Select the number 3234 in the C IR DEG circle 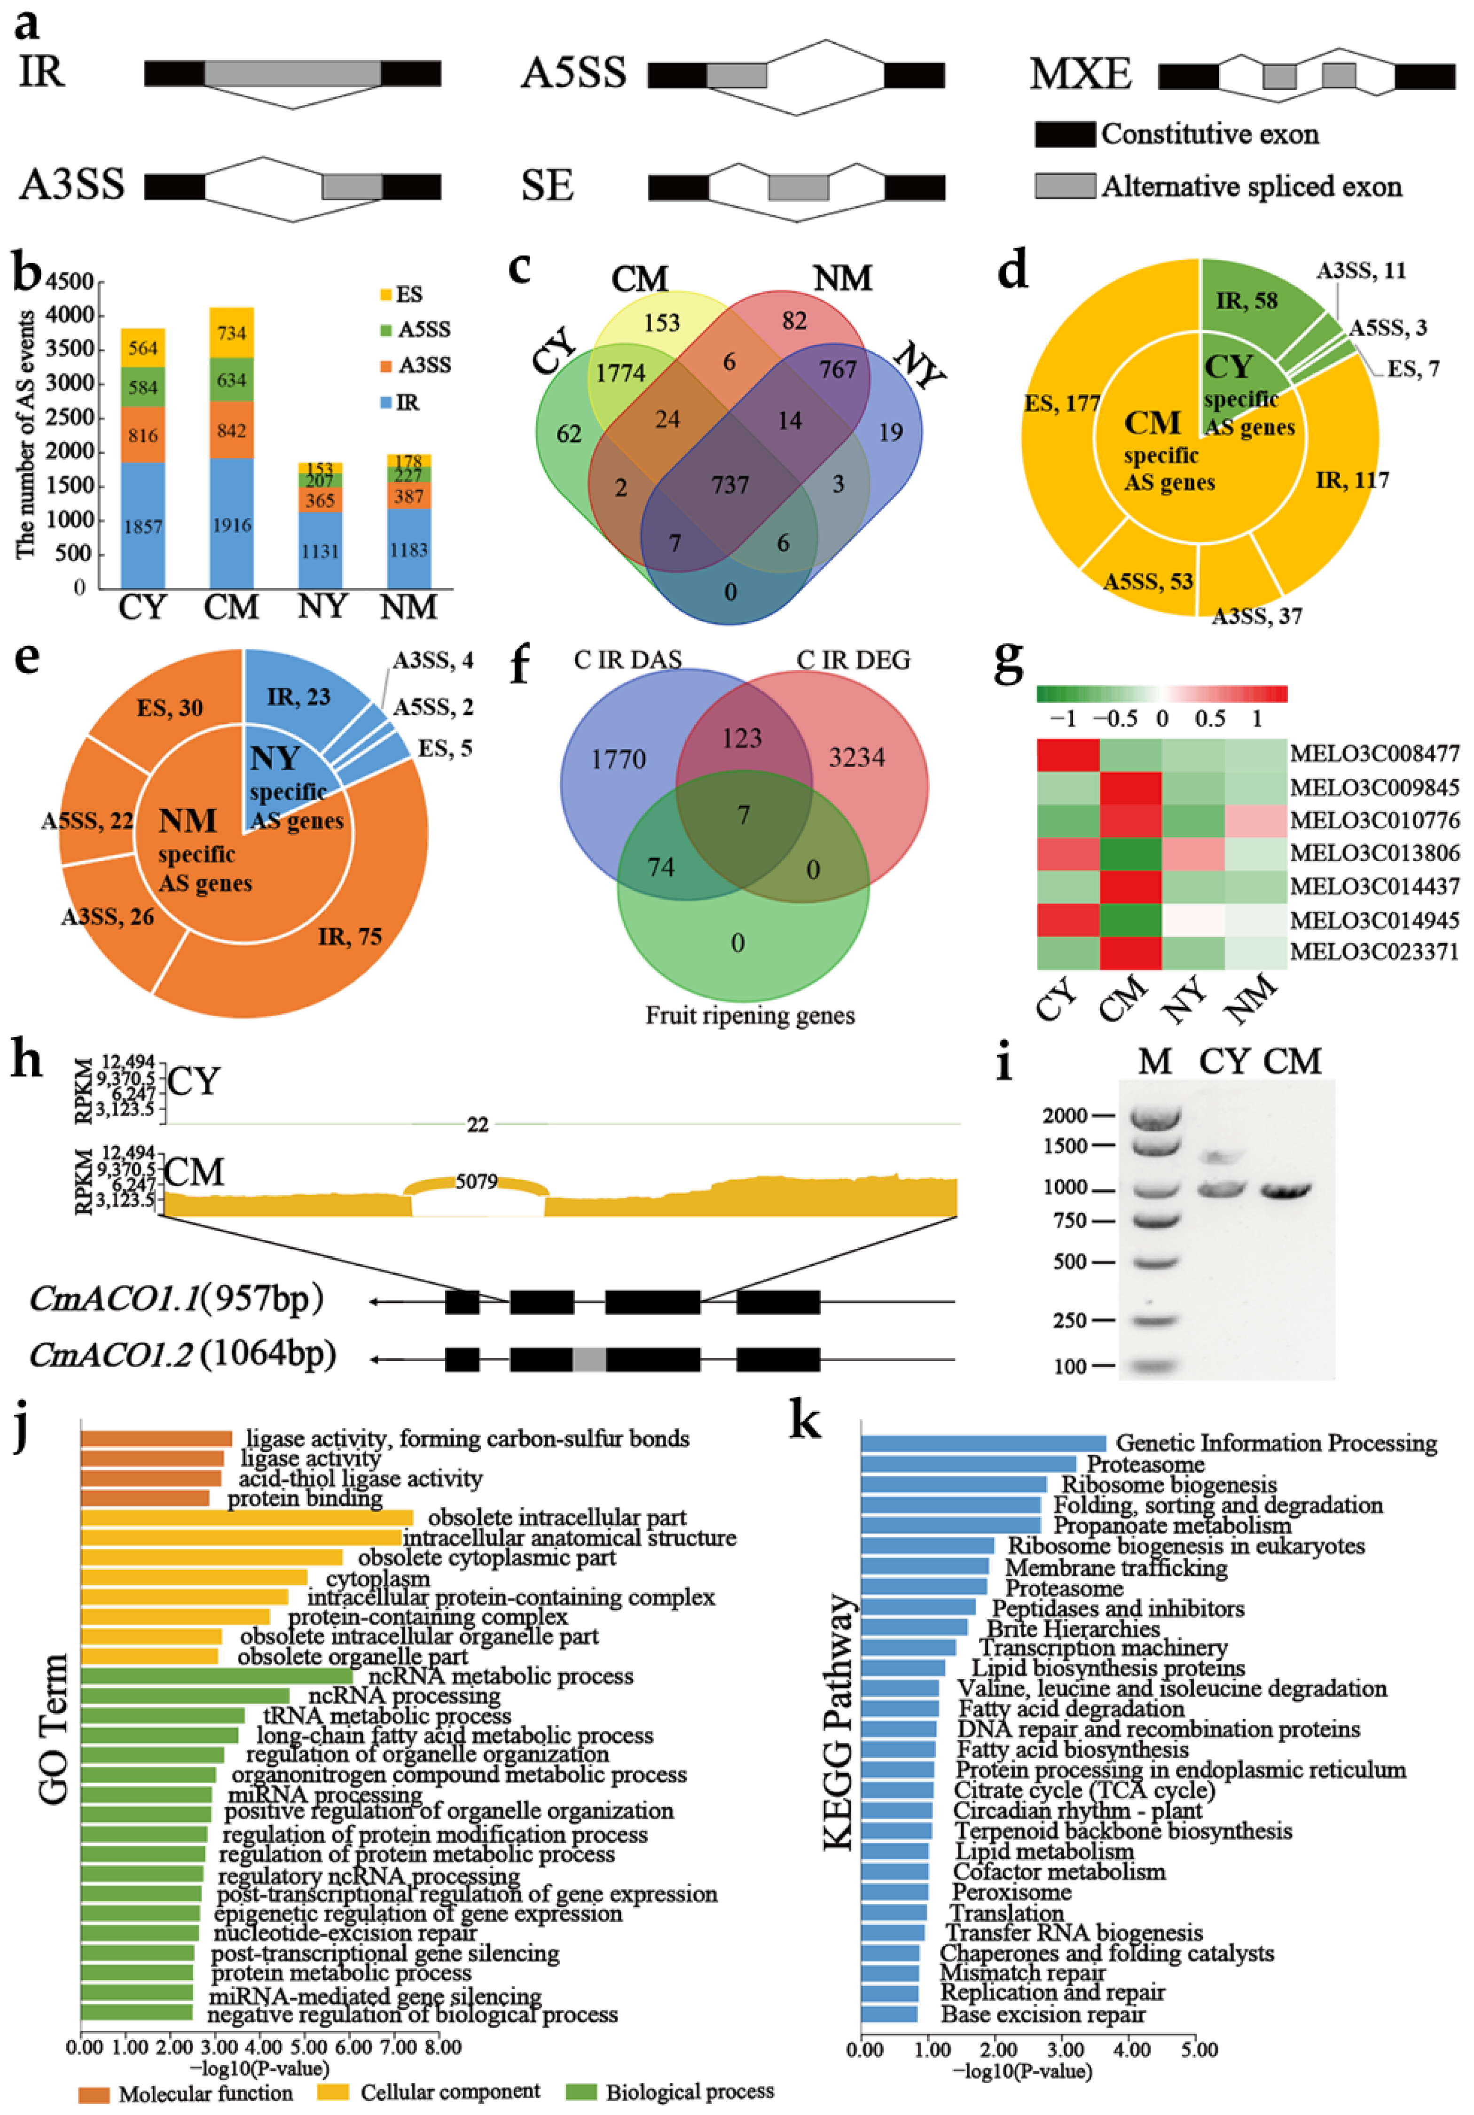857,757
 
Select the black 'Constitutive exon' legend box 1065,134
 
